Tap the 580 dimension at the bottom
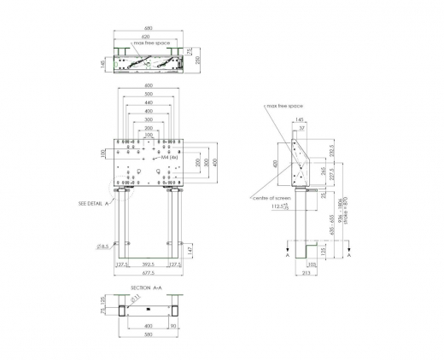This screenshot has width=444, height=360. [149, 334]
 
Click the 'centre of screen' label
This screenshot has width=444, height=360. [273, 198]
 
